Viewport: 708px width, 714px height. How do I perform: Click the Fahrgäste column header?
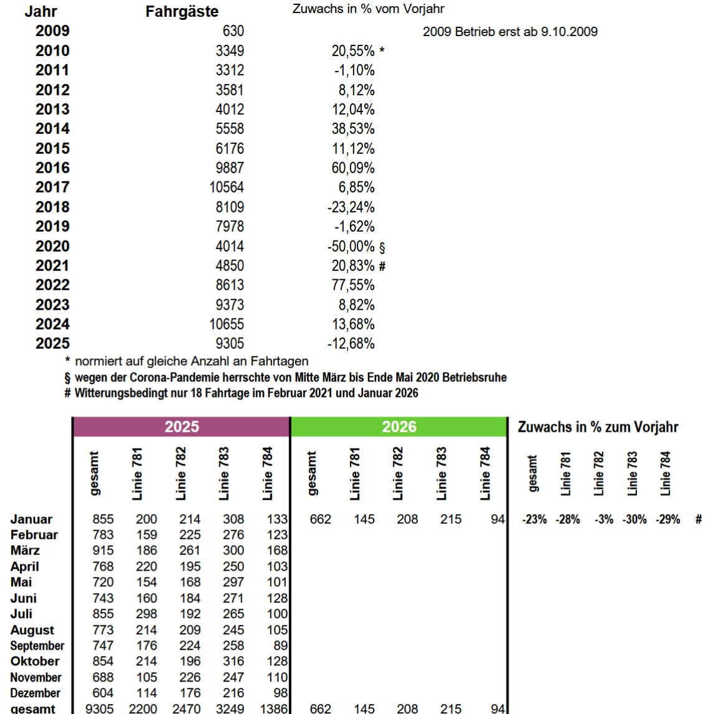coord(182,12)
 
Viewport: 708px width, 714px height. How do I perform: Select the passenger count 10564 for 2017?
coord(227,188)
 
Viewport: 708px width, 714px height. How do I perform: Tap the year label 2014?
coord(52,129)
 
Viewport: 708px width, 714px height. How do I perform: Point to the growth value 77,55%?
coord(353,285)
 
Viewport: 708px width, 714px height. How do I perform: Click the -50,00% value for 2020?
coord(351,246)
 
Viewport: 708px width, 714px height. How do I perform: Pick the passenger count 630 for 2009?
coord(233,31)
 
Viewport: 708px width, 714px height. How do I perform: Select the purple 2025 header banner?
coord(181,427)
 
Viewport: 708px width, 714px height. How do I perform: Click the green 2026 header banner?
coord(399,427)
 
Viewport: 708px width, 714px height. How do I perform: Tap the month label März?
coord(25,551)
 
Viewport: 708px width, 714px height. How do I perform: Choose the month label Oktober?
coord(35,662)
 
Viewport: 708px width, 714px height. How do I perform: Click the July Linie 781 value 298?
coord(146,614)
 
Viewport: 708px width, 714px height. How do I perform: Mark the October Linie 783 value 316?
coord(234,662)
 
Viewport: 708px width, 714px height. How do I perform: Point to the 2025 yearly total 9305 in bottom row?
coord(98,708)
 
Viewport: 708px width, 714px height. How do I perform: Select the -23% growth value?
coord(534,520)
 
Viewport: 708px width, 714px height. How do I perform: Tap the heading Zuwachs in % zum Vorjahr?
coord(598,427)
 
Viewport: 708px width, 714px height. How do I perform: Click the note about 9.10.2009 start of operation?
coord(510,32)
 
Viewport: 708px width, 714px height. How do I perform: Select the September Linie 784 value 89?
coord(280,646)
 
